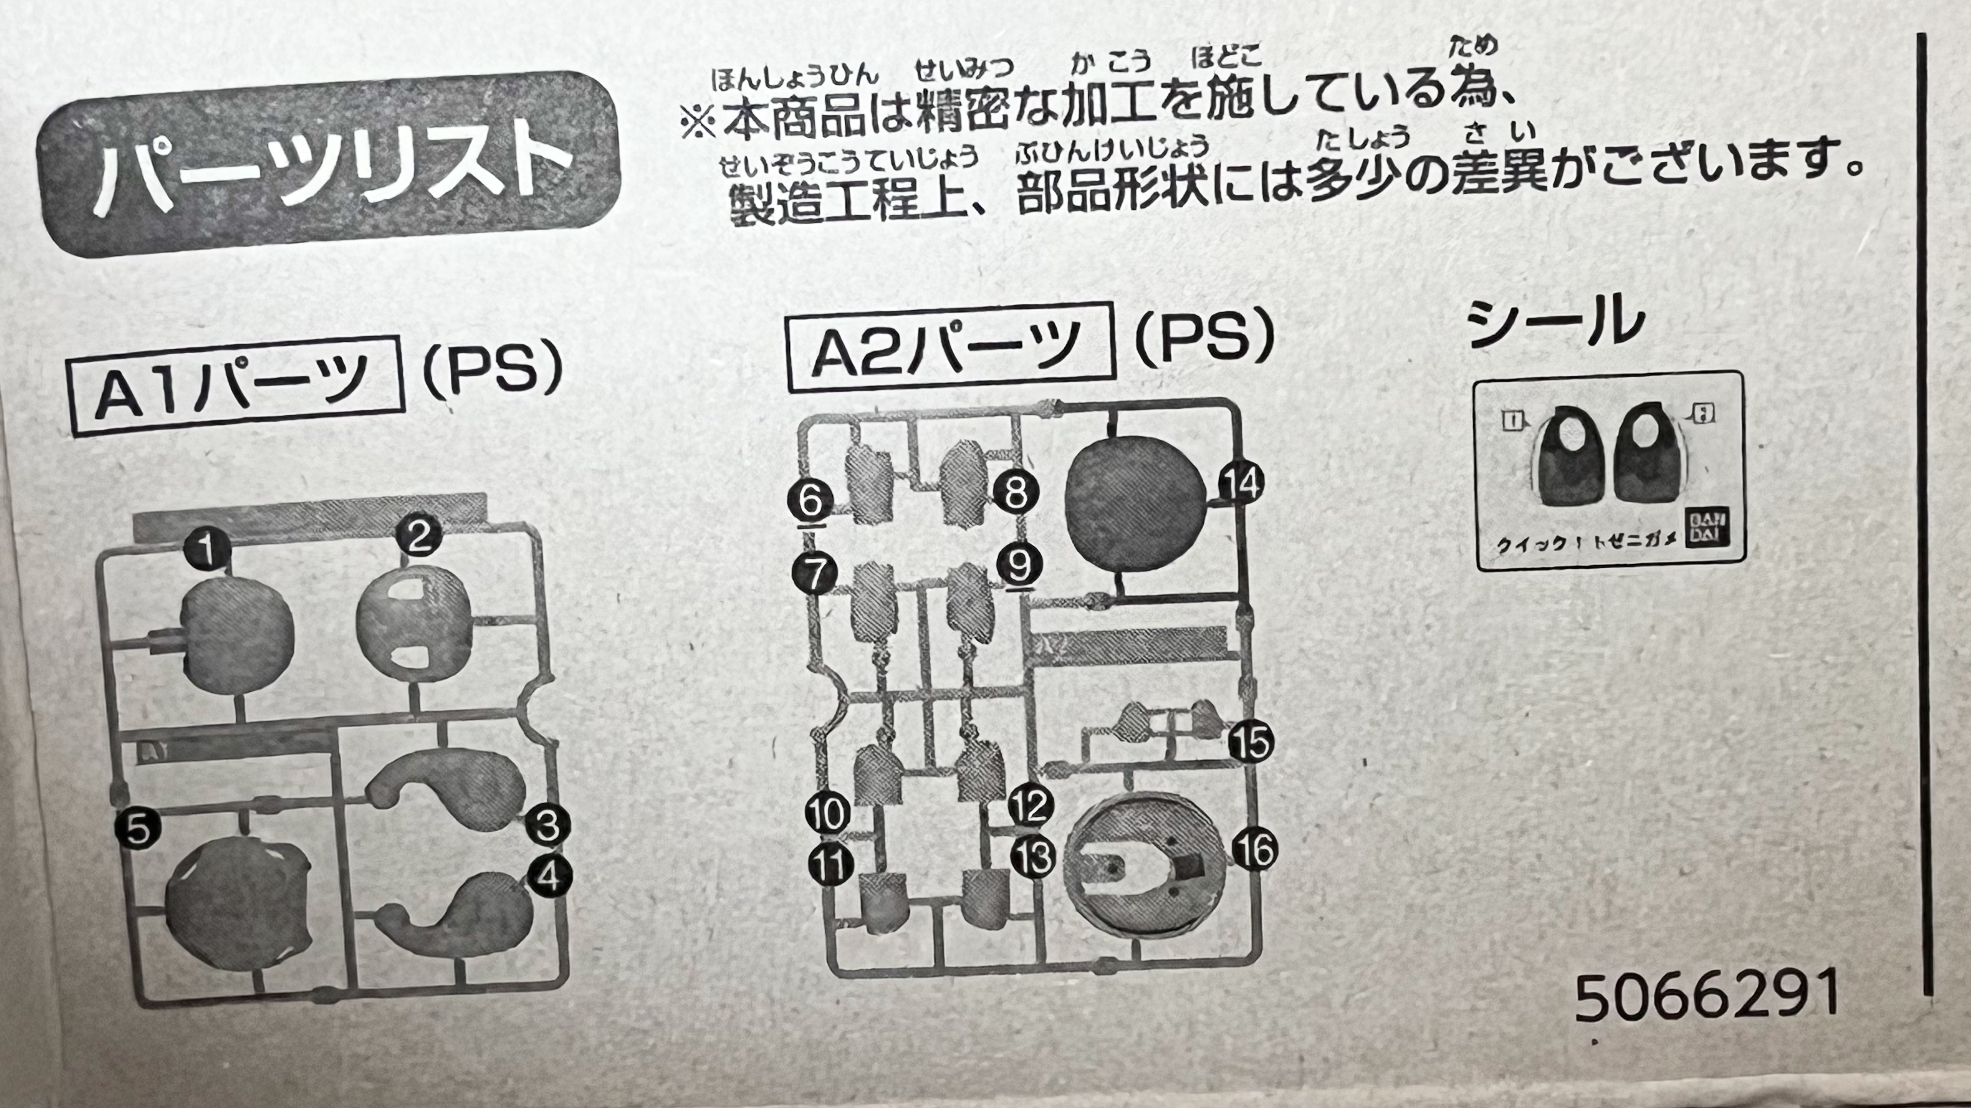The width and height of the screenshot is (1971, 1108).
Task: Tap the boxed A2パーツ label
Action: point(949,348)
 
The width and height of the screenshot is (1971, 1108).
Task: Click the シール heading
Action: point(1557,320)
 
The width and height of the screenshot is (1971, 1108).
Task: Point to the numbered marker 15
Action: point(1251,742)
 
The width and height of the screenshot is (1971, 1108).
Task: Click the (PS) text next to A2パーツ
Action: point(1204,339)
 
